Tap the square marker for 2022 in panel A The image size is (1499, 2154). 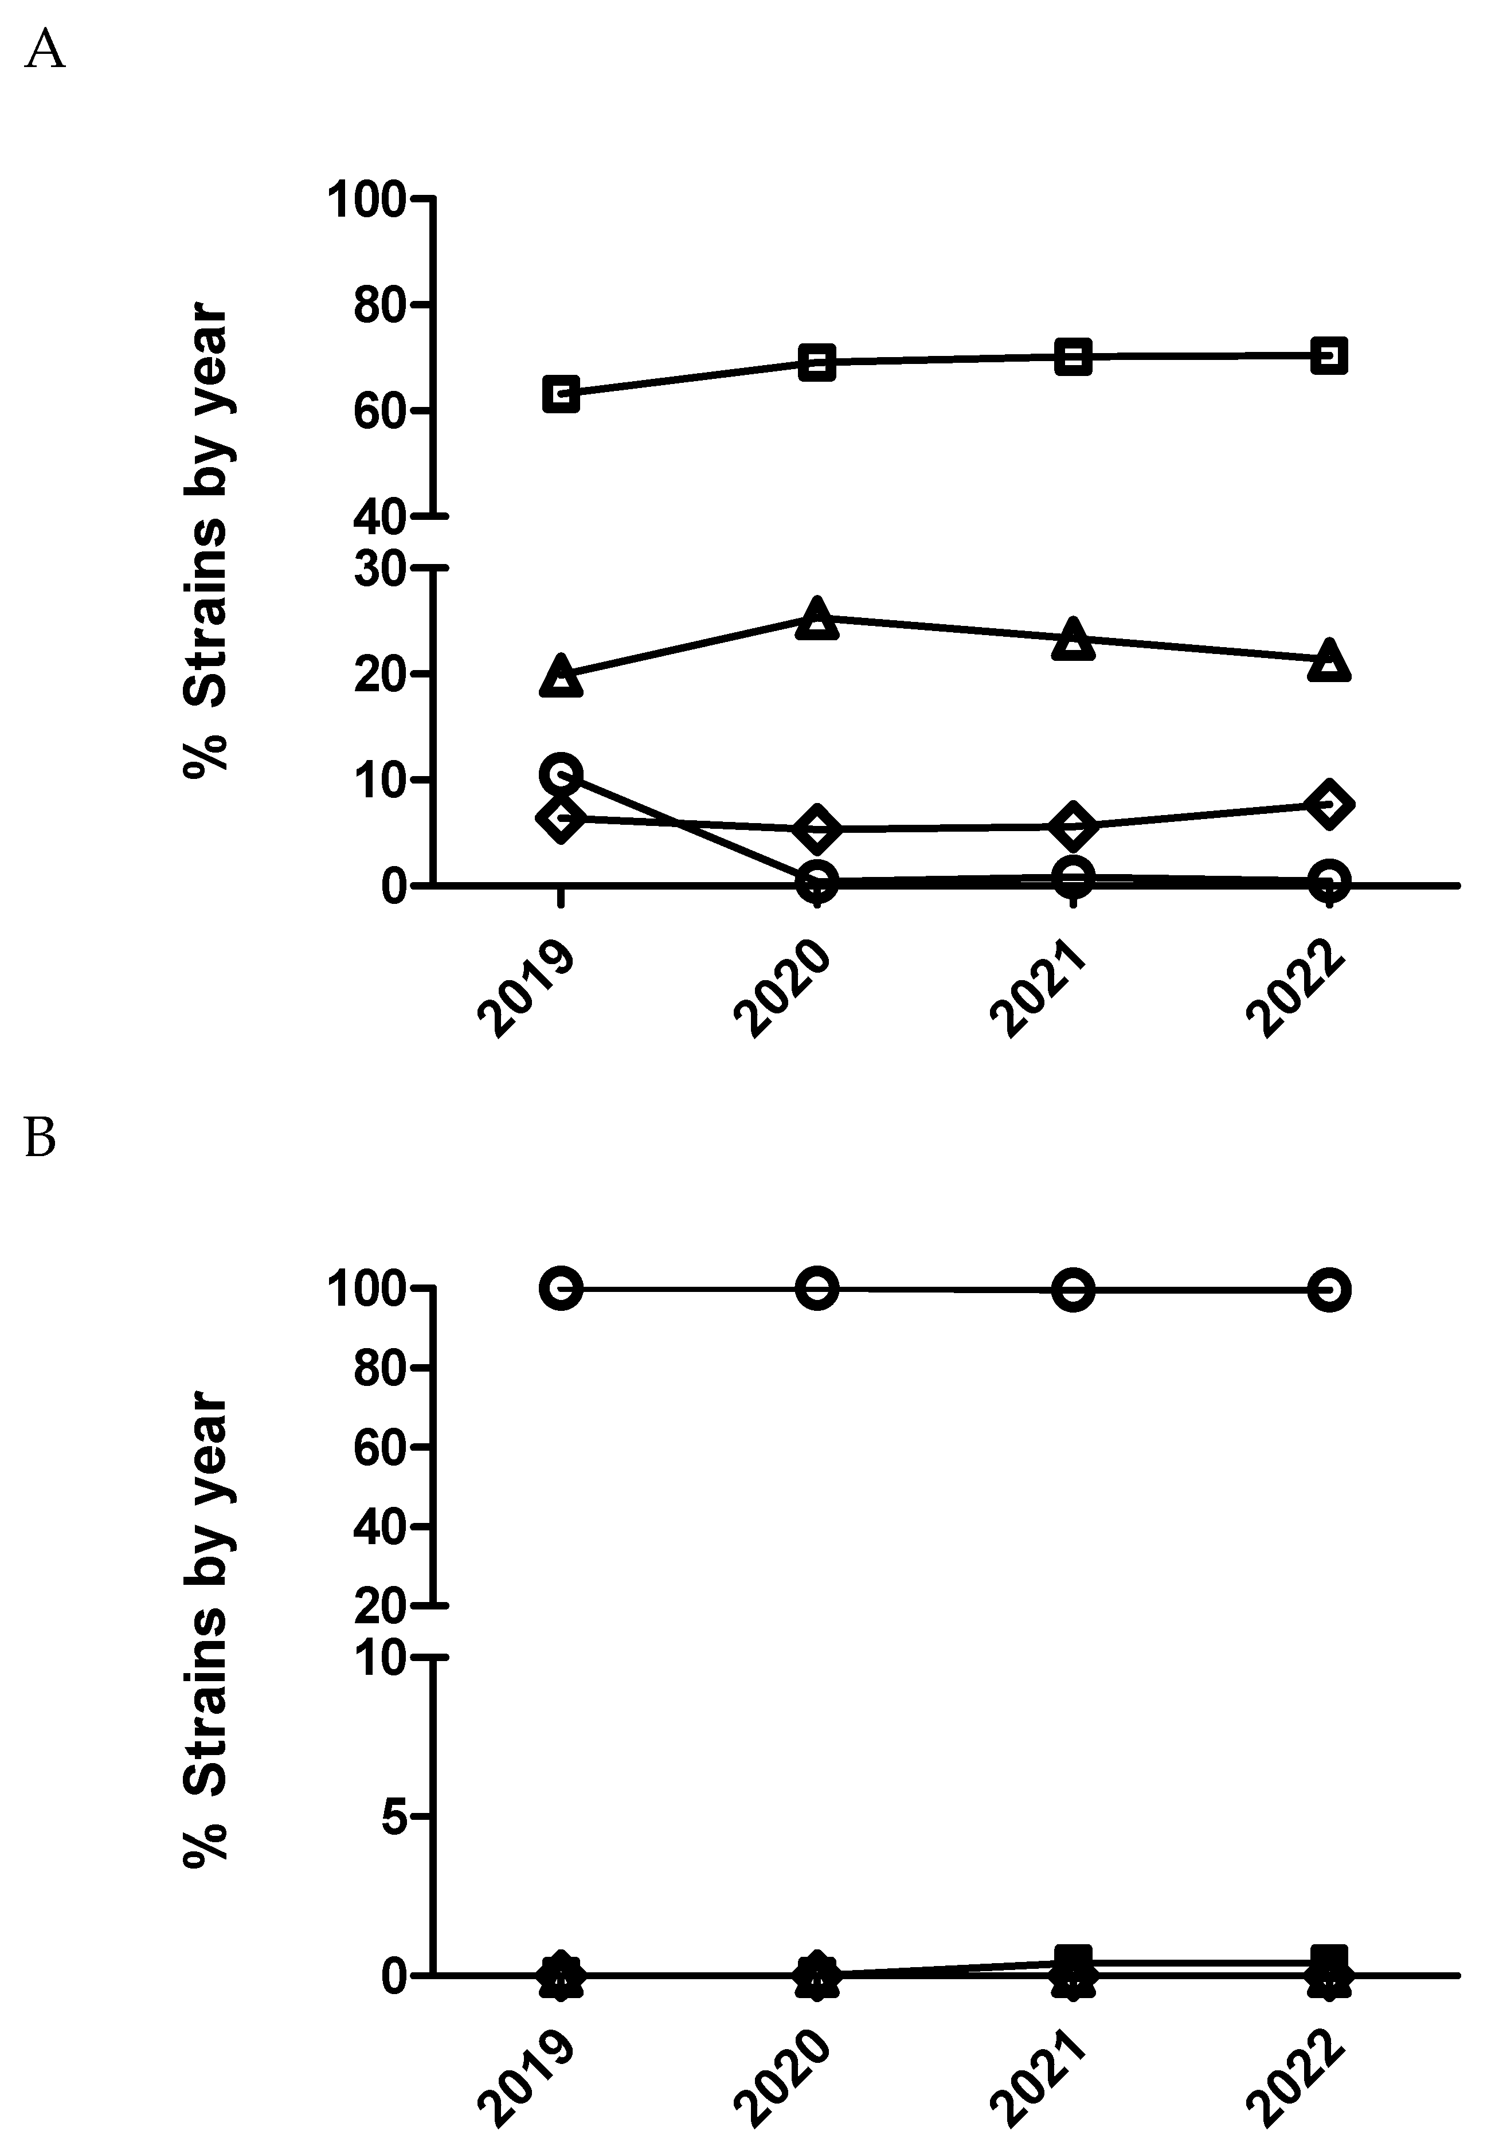tap(1328, 357)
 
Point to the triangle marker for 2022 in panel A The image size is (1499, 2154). tap(1328, 660)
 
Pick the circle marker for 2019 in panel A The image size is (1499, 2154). tap(561, 774)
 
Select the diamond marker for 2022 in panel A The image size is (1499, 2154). tap(1328, 804)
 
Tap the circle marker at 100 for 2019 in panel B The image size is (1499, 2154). tap(561, 1289)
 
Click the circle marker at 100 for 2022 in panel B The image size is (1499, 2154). tap(1328, 1290)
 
